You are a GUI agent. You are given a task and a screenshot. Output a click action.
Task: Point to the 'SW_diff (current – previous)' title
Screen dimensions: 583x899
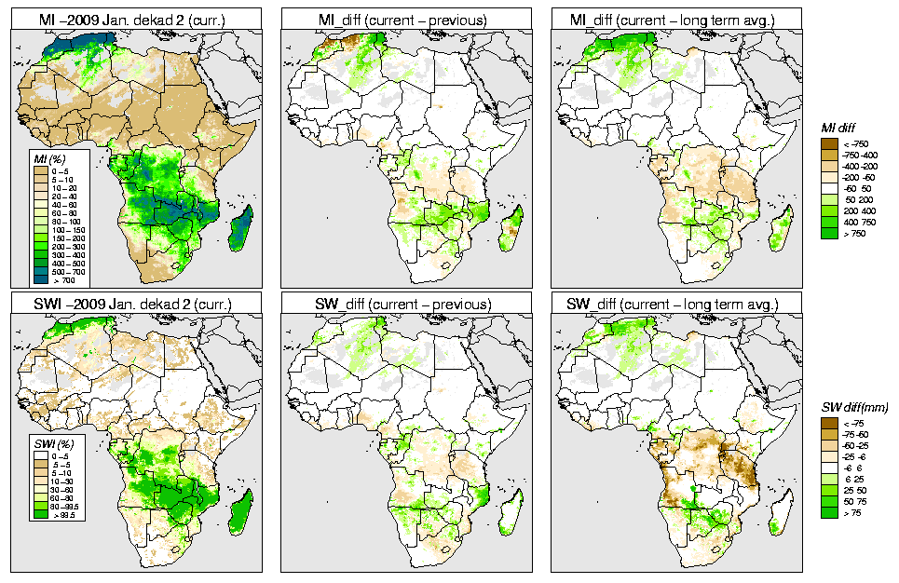point(406,304)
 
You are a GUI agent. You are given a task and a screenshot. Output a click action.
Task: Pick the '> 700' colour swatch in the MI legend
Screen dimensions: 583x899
point(40,279)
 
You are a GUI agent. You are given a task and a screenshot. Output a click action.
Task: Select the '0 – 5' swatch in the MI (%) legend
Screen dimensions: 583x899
point(40,170)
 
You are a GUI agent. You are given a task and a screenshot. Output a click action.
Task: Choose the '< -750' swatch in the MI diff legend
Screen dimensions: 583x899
point(829,143)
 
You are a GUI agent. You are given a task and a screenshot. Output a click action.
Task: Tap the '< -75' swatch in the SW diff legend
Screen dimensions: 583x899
point(829,423)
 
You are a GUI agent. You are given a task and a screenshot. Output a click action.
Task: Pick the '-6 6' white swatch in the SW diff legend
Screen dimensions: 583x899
point(829,468)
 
